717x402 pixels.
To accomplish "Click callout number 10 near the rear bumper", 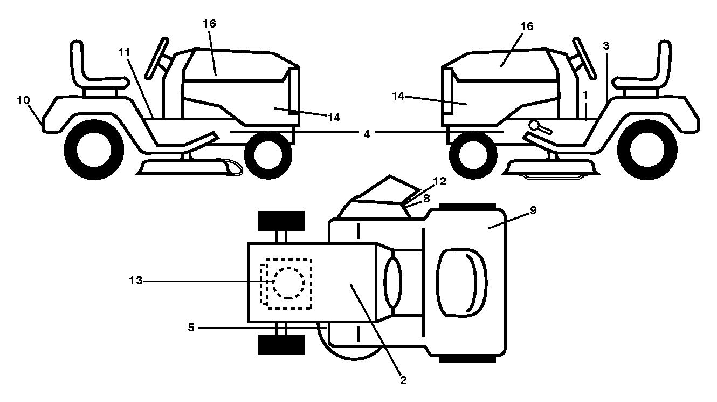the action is pyautogui.click(x=23, y=100).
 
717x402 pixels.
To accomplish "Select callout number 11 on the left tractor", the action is pyautogui.click(x=124, y=52).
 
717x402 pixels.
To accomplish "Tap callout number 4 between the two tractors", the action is pyautogui.click(x=367, y=134).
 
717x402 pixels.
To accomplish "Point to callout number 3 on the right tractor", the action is pyautogui.click(x=606, y=46).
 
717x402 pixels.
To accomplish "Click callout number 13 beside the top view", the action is pyautogui.click(x=135, y=281).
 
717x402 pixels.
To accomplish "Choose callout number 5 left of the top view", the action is pyautogui.click(x=191, y=328).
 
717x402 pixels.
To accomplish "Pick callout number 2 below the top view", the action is pyautogui.click(x=403, y=380).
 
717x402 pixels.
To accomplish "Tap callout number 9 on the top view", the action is pyautogui.click(x=533, y=210).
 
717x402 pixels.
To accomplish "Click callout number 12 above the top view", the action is pyautogui.click(x=439, y=181).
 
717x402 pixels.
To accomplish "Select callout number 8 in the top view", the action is pyautogui.click(x=426, y=198).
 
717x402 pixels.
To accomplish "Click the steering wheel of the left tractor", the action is pyautogui.click(x=156, y=59).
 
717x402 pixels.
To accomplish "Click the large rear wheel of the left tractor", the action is pyautogui.click(x=94, y=149).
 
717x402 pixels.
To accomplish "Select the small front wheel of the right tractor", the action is pyautogui.click(x=473, y=155).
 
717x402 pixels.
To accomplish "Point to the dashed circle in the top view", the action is pyautogui.click(x=288, y=283).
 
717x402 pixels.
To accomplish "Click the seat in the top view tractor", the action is pyautogui.click(x=461, y=283).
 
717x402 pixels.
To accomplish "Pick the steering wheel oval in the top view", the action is pyautogui.click(x=393, y=282).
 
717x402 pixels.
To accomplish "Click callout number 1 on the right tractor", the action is pyautogui.click(x=585, y=95).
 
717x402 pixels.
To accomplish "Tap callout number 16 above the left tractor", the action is pyautogui.click(x=209, y=23).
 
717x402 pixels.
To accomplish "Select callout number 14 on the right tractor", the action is pyautogui.click(x=398, y=96).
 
